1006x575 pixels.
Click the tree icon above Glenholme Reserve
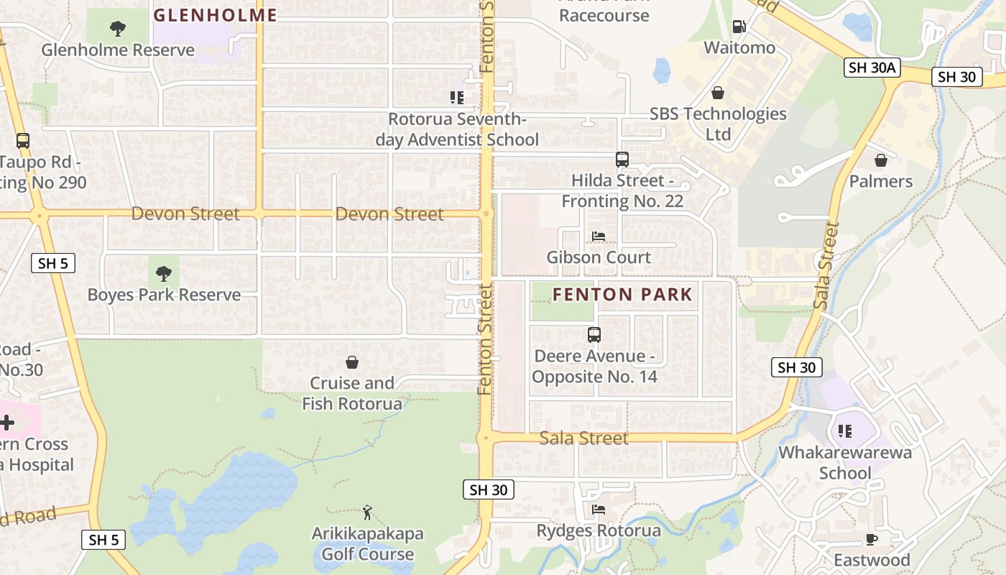click(118, 29)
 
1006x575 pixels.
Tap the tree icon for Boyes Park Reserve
click(164, 274)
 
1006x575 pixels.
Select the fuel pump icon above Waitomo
click(739, 27)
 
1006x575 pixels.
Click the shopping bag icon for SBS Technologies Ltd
click(717, 93)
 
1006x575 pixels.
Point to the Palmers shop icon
click(880, 160)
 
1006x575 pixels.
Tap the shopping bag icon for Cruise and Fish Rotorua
click(352, 362)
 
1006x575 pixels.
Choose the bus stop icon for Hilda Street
click(622, 160)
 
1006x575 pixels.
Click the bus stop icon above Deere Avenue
click(594, 335)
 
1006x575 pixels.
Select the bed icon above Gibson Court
click(598, 236)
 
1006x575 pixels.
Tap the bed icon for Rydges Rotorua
click(598, 510)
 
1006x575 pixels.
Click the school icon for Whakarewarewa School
click(845, 431)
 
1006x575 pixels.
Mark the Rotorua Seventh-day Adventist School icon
click(457, 98)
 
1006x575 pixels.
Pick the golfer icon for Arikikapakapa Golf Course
click(367, 512)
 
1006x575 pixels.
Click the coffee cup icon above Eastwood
click(872, 539)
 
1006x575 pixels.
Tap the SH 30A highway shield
click(872, 68)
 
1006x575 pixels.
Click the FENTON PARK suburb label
click(622, 294)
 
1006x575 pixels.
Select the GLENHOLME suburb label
click(216, 15)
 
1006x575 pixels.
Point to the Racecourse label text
click(604, 15)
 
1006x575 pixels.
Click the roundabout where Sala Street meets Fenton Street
click(486, 437)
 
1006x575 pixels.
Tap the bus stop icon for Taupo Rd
click(22, 141)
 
